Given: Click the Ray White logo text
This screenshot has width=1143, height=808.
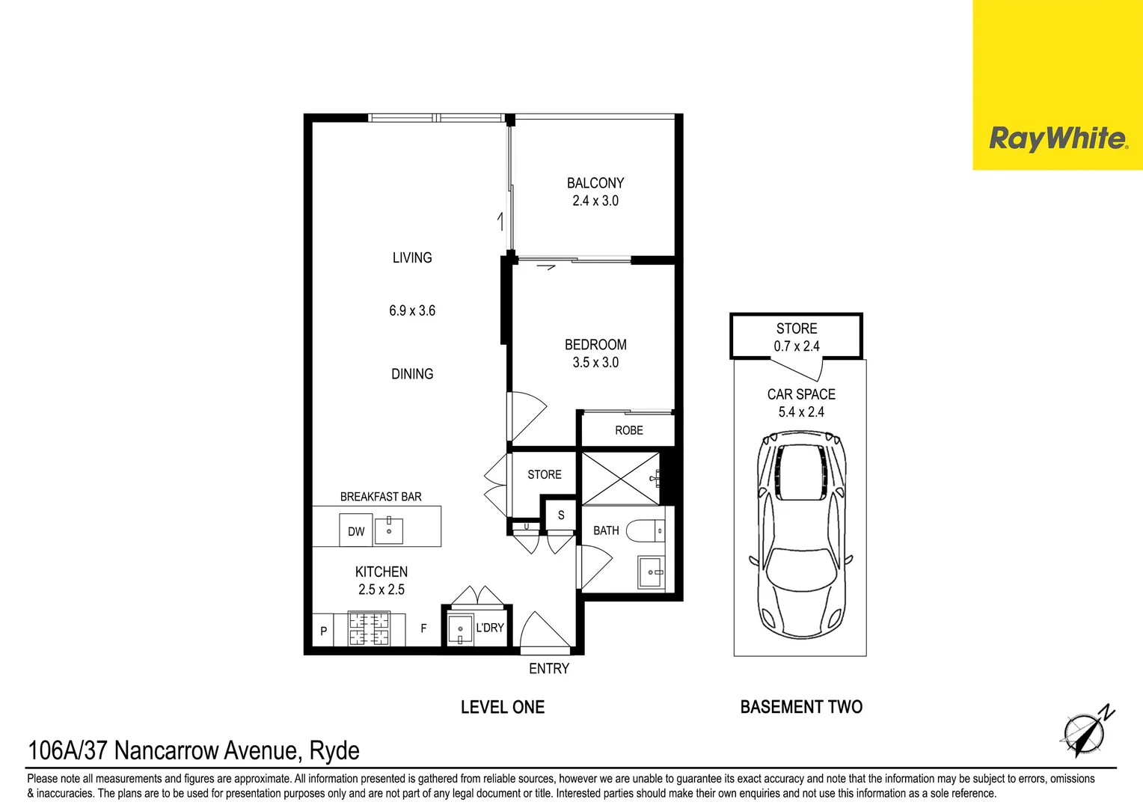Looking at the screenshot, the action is [1058, 139].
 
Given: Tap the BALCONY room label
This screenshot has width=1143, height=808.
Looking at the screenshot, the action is [595, 183].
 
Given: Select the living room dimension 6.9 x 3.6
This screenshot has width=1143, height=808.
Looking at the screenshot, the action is [412, 310].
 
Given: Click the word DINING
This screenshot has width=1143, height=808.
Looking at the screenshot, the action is [412, 374].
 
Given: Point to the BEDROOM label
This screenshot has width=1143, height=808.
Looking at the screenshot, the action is [595, 345].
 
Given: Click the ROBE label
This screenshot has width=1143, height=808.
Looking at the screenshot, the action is [629, 430].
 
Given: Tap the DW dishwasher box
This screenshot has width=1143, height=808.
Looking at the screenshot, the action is [356, 531].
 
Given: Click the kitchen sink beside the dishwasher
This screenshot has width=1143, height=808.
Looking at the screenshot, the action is [389, 530].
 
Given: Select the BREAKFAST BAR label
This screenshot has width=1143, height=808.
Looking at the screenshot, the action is [381, 497].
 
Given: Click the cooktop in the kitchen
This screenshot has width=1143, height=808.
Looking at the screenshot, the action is [369, 629].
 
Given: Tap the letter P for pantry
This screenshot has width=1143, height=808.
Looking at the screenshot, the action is [323, 631].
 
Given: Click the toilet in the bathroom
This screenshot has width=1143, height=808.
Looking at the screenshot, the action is [646, 531].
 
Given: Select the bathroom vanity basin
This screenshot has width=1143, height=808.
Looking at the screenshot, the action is [652, 572].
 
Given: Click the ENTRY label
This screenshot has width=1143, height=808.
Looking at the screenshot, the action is [549, 669].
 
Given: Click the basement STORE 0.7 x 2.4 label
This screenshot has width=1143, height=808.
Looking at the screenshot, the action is [797, 337].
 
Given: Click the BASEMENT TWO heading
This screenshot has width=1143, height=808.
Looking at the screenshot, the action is [801, 707].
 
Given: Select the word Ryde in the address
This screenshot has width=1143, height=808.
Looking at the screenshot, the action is [334, 751].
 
